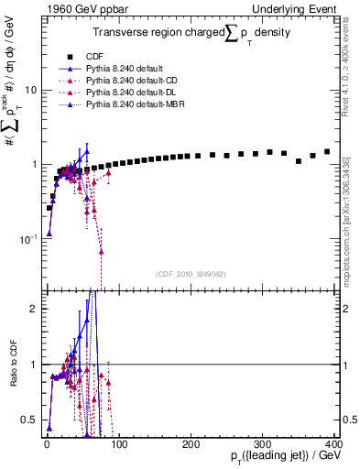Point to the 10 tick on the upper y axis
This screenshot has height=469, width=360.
click(29, 90)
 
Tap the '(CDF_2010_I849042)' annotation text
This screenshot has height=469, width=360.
click(190, 272)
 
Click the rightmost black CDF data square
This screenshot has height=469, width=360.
click(327, 151)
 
